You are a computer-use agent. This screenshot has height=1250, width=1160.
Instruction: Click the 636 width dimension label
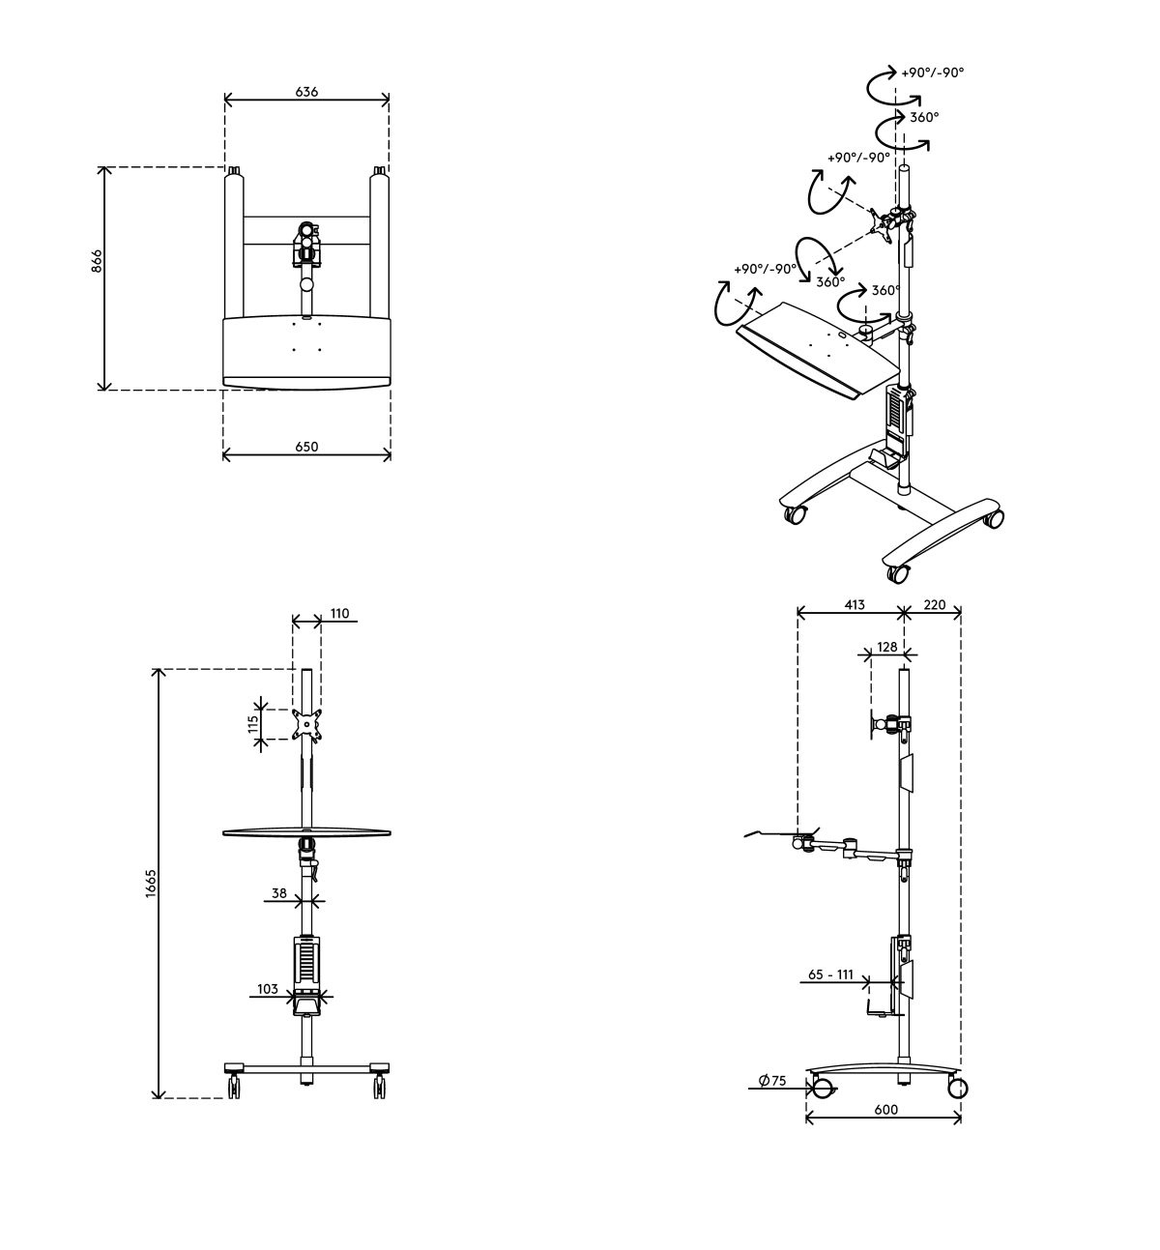tap(306, 92)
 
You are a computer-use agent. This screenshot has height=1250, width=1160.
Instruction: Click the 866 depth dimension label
tap(97, 261)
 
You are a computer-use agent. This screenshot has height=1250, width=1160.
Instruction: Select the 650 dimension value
tap(306, 447)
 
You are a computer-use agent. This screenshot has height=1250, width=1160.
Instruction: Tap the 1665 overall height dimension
tap(151, 883)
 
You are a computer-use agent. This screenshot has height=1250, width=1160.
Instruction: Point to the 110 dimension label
tap(339, 613)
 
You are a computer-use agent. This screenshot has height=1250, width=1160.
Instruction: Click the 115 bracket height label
tap(253, 724)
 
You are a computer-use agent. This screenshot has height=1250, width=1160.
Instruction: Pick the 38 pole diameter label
tap(278, 894)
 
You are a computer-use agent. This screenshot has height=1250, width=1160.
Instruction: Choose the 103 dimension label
tap(268, 989)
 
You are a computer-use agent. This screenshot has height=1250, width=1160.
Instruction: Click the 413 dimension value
tap(854, 605)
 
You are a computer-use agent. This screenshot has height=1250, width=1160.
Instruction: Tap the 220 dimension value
tap(935, 605)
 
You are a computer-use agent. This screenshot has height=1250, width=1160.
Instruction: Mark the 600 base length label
tap(885, 1110)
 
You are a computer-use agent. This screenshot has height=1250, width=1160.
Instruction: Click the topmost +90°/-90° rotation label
tap(933, 73)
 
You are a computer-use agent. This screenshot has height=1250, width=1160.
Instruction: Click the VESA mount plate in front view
tap(306, 723)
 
